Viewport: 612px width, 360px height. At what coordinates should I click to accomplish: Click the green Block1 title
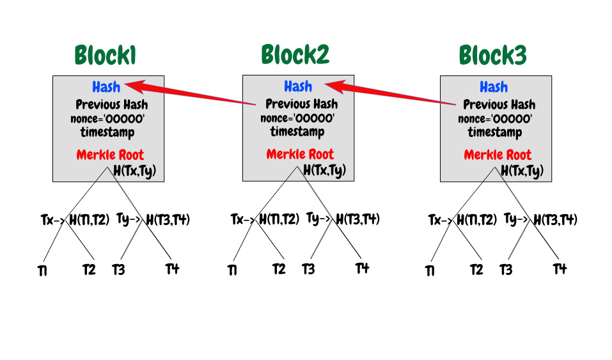pyautogui.click(x=106, y=56)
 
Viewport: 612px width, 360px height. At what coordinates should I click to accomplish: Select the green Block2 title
pyautogui.click(x=295, y=56)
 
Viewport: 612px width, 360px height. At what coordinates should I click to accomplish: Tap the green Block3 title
pyautogui.click(x=492, y=56)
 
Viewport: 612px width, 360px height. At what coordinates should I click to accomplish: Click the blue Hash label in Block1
pyautogui.click(x=106, y=86)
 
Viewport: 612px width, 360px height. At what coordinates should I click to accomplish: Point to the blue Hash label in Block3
pyautogui.click(x=493, y=86)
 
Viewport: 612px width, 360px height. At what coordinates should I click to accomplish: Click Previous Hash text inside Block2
pyautogui.click(x=302, y=104)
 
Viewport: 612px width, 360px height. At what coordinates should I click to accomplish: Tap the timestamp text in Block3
pyautogui.click(x=494, y=132)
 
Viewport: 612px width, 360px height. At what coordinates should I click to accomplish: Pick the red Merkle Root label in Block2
pyautogui.click(x=300, y=155)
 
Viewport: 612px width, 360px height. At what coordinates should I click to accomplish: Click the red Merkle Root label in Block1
pyautogui.click(x=110, y=155)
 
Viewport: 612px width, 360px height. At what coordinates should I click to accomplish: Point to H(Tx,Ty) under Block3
pyautogui.click(x=522, y=170)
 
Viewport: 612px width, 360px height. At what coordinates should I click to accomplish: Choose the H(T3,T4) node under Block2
pyautogui.click(x=358, y=219)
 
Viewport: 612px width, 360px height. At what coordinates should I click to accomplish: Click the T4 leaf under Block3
pyautogui.click(x=560, y=268)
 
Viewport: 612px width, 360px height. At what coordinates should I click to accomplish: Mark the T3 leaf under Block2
pyautogui.click(x=308, y=269)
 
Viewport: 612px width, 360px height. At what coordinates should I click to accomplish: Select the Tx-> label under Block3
pyautogui.click(x=440, y=220)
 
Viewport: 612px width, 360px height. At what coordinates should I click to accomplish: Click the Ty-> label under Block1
pyautogui.click(x=130, y=219)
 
